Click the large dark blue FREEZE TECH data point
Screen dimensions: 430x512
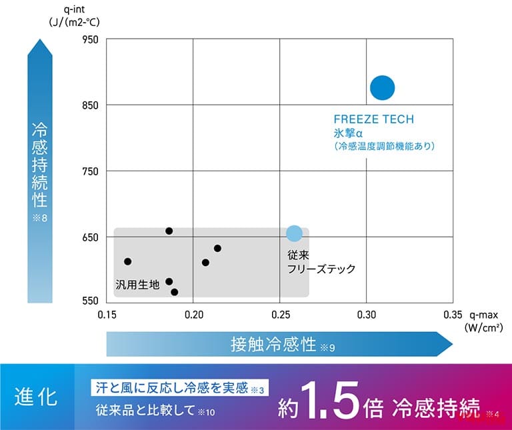[383, 87]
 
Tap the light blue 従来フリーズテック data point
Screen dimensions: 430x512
[294, 233]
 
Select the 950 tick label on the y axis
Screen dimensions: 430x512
[90, 40]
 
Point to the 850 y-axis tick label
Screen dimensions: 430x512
[90, 105]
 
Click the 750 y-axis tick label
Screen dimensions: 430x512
[90, 171]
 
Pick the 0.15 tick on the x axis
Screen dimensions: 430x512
[107, 314]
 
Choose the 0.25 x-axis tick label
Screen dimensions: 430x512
[280, 314]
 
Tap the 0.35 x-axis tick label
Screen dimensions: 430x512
[452, 314]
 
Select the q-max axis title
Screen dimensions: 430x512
[485, 313]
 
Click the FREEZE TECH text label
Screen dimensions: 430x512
[374, 120]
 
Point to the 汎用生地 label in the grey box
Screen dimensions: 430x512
[138, 284]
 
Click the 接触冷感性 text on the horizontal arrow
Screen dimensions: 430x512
[273, 345]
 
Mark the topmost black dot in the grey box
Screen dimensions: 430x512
[169, 231]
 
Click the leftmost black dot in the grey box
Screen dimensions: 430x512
[128, 261]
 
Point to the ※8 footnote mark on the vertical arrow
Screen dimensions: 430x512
[39, 218]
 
